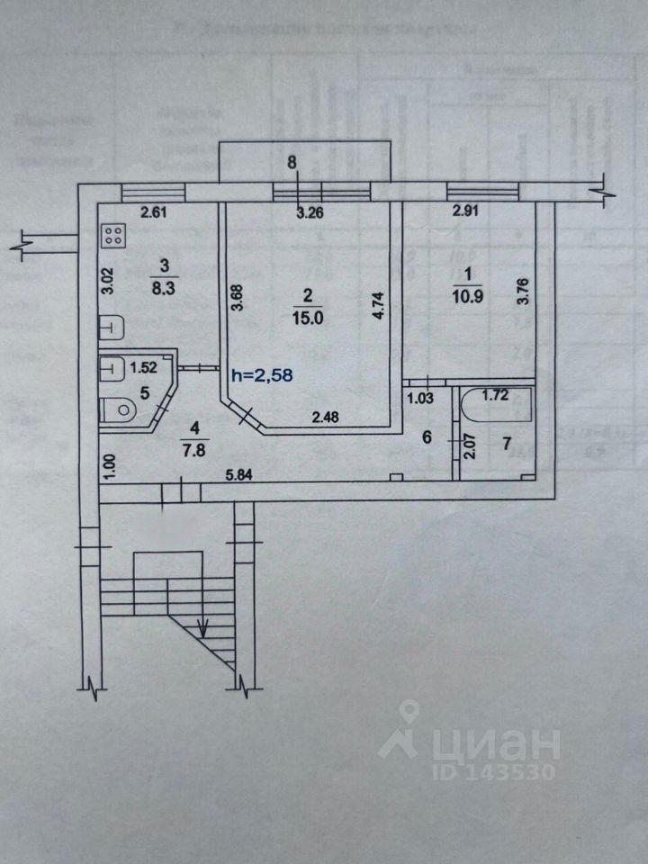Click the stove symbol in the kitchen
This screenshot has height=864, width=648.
point(114,237)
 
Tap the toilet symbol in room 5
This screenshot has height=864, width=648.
point(118,410)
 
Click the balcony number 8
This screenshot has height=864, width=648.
point(290,163)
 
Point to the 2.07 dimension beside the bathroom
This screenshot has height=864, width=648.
point(469,447)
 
